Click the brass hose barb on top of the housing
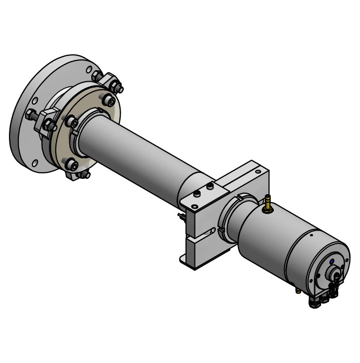[268, 202]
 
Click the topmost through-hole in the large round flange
[89, 70]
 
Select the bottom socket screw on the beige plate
[71, 164]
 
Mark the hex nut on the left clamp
[49, 125]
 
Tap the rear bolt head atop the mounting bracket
[210, 186]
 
